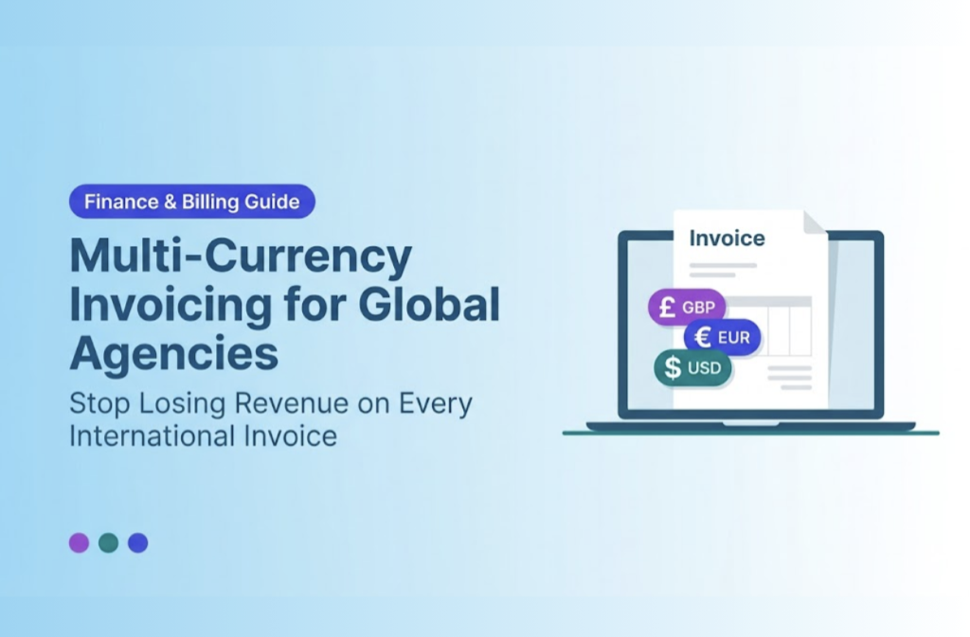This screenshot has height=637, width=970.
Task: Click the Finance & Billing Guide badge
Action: click(191, 202)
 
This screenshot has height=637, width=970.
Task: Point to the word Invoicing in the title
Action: click(171, 305)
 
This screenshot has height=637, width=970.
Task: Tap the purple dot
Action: click(79, 542)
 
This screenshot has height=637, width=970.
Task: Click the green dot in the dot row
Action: click(108, 542)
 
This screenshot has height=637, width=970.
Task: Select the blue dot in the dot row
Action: click(137, 542)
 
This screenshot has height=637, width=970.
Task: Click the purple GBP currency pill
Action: click(687, 307)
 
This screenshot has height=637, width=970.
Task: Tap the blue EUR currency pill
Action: click(722, 337)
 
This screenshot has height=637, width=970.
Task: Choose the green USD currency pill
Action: click(692, 367)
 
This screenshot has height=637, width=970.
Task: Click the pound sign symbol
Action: click(667, 307)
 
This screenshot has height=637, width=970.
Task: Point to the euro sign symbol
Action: click(703, 337)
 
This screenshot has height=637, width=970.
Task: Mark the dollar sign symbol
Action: click(673, 367)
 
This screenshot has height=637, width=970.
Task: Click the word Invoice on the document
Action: click(727, 238)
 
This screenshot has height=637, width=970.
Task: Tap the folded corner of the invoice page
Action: click(814, 222)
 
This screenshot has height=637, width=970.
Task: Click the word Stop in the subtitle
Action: click(99, 404)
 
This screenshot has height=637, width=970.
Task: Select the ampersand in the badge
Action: click(171, 202)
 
